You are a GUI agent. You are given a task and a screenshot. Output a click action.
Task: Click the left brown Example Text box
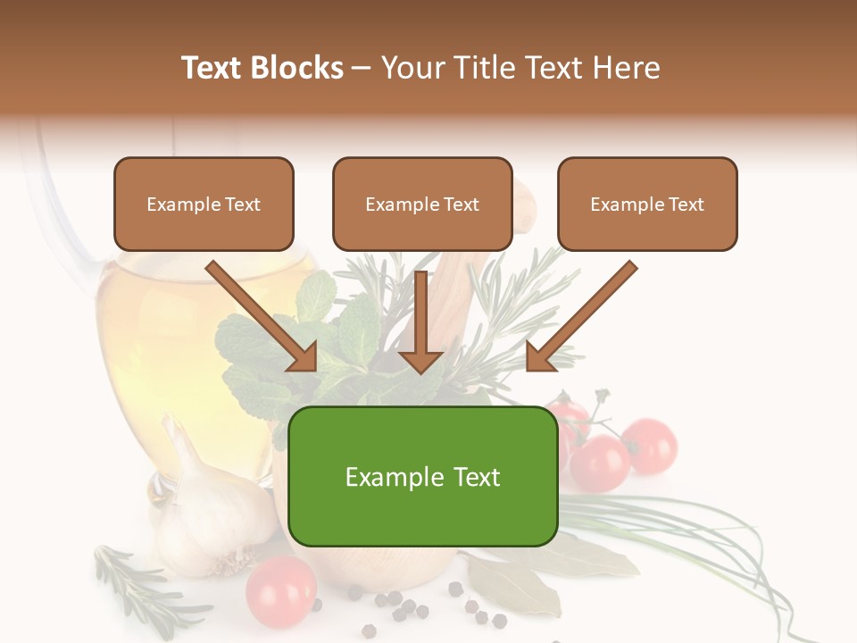pyautogui.click(x=204, y=204)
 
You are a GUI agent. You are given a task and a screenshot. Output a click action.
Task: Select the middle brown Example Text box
pyautogui.click(x=422, y=204)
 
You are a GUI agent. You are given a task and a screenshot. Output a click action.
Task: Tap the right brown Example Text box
pyautogui.click(x=647, y=204)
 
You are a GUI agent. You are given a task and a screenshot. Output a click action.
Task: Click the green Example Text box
pyautogui.click(x=422, y=476)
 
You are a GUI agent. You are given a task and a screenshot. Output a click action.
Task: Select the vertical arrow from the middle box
pyautogui.click(x=420, y=321)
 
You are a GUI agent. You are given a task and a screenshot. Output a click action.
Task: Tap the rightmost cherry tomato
pyautogui.click(x=649, y=444)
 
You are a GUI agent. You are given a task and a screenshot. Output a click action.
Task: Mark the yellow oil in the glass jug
pyautogui.click(x=161, y=348)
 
